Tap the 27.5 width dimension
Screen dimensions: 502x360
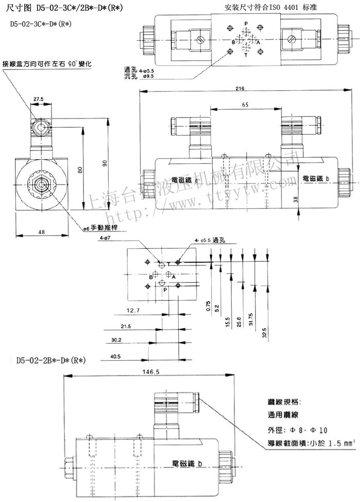click(x=39, y=98)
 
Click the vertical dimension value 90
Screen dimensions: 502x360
click(x=106, y=163)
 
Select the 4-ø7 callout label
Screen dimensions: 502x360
click(x=107, y=238)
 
